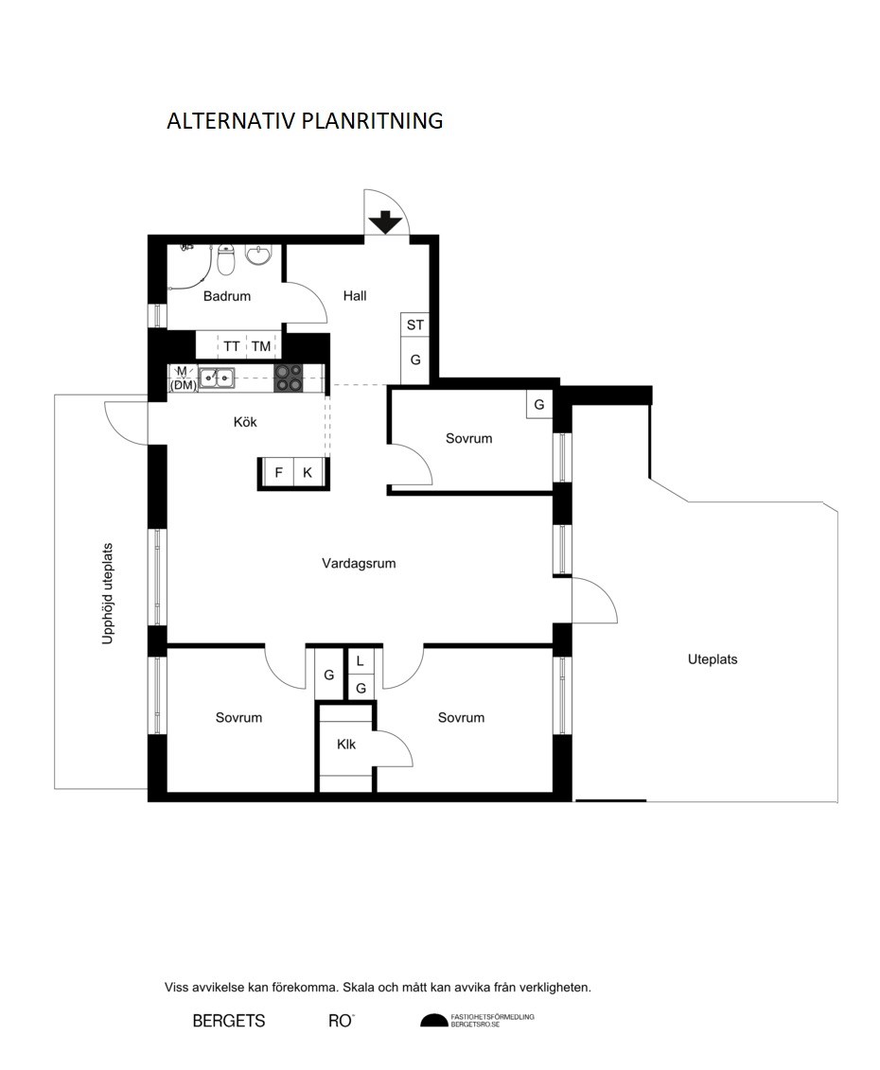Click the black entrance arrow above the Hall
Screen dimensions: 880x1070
point(386,222)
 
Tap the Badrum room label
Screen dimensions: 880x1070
point(227,296)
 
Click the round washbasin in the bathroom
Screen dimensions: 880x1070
point(258,254)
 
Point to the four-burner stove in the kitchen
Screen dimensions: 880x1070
point(288,378)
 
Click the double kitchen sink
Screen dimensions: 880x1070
point(217,377)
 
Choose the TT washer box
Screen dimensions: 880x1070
point(232,346)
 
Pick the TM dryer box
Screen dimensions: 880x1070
point(261,346)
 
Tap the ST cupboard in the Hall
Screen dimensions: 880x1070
point(415,325)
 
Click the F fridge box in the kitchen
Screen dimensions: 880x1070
point(278,472)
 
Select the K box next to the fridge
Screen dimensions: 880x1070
point(308,472)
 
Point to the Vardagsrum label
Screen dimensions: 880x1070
point(360,564)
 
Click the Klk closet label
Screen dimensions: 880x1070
point(346,745)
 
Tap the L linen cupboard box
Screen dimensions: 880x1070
point(361,661)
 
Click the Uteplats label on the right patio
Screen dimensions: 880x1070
point(713,659)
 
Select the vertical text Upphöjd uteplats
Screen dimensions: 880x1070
point(107,594)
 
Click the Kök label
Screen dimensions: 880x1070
point(245,422)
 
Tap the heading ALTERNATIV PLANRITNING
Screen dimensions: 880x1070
point(306,121)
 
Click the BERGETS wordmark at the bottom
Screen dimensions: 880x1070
point(229,1021)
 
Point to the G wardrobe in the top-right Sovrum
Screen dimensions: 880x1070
point(538,405)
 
